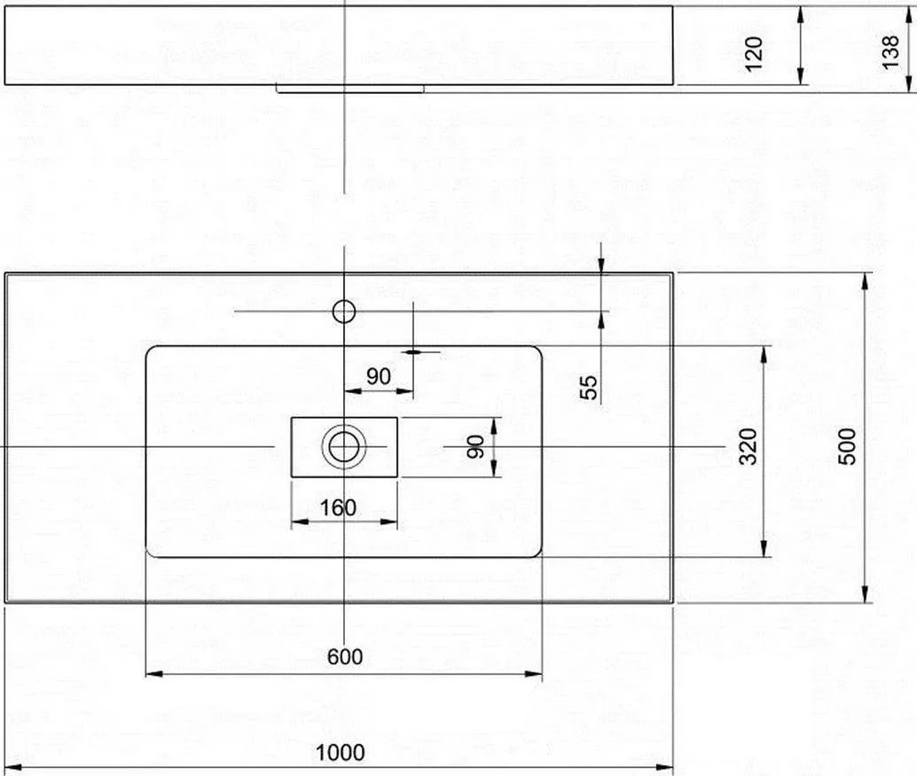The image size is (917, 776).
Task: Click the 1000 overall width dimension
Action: pyautogui.click(x=340, y=753)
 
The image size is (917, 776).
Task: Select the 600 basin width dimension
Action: pyautogui.click(x=344, y=656)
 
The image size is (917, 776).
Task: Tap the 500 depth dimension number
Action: pyautogui.click(x=847, y=446)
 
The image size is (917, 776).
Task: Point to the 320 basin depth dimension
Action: pyautogui.click(x=748, y=446)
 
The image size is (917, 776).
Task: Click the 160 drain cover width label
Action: pyautogui.click(x=338, y=507)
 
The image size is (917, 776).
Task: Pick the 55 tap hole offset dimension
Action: pyautogui.click(x=589, y=388)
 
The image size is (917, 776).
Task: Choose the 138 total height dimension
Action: pyautogui.click(x=890, y=52)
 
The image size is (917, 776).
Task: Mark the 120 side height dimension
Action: pyautogui.click(x=755, y=54)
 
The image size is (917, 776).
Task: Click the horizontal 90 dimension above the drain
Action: pyautogui.click(x=379, y=376)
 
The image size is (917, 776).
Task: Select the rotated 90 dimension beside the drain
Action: pyautogui.click(x=476, y=447)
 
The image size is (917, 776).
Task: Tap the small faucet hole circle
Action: pyautogui.click(x=344, y=311)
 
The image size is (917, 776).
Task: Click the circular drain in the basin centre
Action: pyautogui.click(x=344, y=447)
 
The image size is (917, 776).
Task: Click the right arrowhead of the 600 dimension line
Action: pyautogui.click(x=533, y=674)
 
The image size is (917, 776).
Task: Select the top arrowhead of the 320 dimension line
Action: pyautogui.click(x=764, y=354)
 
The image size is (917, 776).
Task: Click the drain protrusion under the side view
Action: pyautogui.click(x=349, y=89)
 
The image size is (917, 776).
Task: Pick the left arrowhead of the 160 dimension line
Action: pyautogui.click(x=300, y=521)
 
